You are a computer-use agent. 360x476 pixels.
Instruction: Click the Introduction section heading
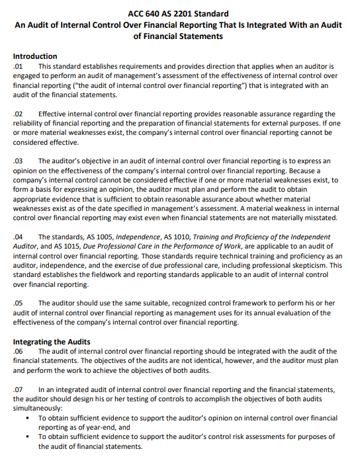[35, 57]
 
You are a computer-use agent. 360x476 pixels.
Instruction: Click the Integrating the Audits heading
[52, 342]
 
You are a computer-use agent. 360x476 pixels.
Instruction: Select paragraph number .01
[18, 67]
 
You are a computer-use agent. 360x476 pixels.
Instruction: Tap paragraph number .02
[18, 114]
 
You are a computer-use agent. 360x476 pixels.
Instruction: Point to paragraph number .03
[18, 161]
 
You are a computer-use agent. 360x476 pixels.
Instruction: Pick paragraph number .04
[18, 237]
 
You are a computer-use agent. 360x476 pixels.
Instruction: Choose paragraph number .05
[18, 303]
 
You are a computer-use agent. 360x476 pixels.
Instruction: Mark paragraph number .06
[18, 352]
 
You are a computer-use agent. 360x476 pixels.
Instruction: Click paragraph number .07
[18, 390]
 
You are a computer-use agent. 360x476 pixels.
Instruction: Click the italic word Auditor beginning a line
[27, 247]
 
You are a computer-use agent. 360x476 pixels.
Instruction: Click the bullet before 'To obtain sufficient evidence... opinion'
[27, 418]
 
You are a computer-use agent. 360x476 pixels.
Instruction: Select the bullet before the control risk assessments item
[27, 438]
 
